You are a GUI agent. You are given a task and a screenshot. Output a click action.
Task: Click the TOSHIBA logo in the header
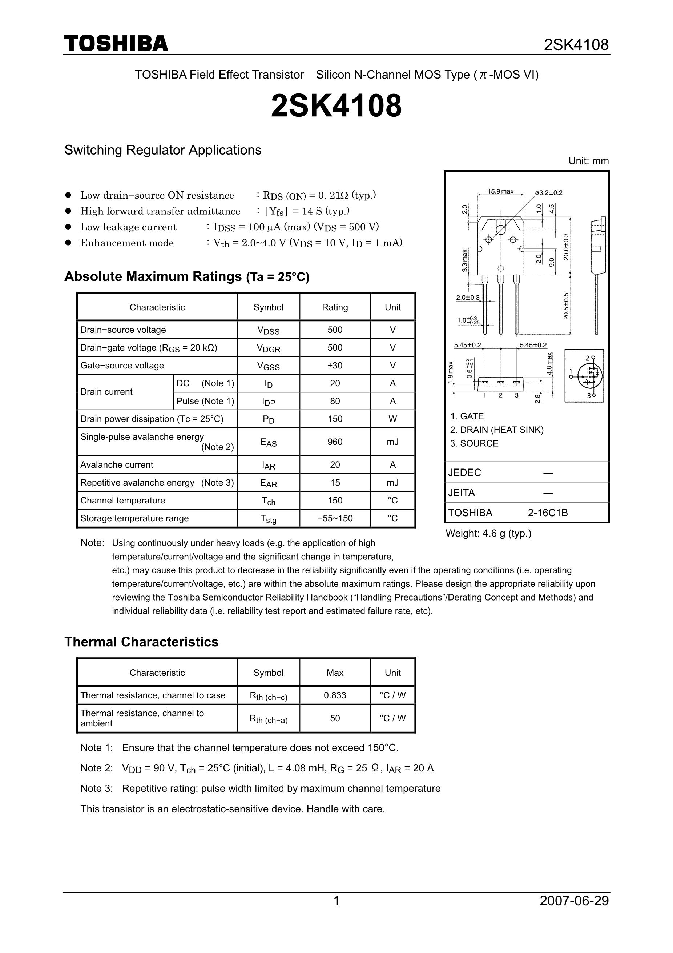click(x=116, y=44)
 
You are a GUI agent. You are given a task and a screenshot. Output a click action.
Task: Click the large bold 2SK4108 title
click(x=336, y=106)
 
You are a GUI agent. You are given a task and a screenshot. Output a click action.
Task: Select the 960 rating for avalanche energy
click(x=335, y=442)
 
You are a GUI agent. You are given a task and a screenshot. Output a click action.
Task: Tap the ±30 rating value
click(x=335, y=365)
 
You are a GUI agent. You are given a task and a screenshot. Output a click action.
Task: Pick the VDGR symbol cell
click(x=268, y=348)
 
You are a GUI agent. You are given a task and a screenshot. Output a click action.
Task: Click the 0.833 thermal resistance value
click(x=335, y=695)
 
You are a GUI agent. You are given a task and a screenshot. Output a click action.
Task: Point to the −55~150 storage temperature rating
click(x=335, y=518)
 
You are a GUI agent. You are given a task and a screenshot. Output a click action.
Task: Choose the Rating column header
click(x=335, y=307)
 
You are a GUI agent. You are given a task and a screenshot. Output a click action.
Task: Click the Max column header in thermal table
click(x=335, y=673)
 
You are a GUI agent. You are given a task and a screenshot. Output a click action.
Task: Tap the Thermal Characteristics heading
click(x=141, y=642)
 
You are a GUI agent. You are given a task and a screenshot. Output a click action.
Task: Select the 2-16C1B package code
click(x=547, y=513)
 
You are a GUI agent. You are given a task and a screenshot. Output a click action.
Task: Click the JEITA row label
click(x=461, y=493)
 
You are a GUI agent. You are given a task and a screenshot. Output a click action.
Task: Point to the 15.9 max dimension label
click(x=500, y=191)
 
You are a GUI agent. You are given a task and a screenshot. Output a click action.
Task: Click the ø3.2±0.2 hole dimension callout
click(x=549, y=192)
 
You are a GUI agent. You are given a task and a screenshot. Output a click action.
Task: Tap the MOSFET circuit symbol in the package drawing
click(x=584, y=376)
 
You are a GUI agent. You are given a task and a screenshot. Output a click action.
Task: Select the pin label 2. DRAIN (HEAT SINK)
click(x=496, y=430)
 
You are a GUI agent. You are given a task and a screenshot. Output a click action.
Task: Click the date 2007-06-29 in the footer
click(x=574, y=900)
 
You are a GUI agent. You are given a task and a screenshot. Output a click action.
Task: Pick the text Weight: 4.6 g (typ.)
click(x=488, y=533)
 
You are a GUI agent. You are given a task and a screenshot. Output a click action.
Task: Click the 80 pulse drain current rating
click(x=335, y=401)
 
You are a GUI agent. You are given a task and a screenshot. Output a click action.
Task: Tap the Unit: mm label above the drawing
click(x=588, y=161)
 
